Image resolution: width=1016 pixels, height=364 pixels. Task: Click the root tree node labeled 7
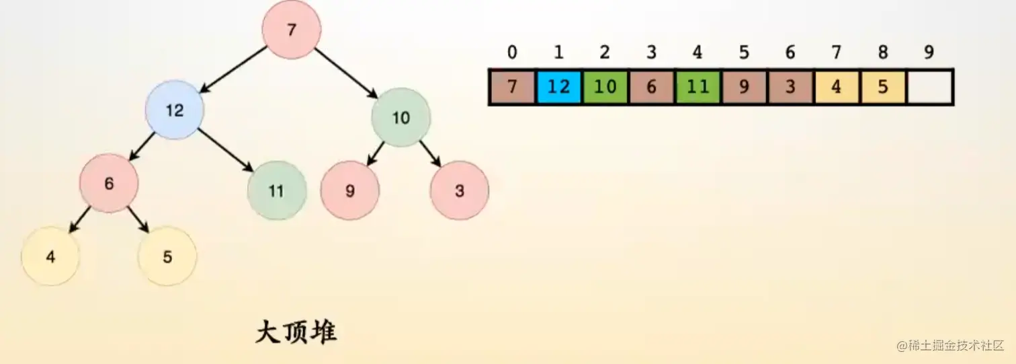(x=291, y=30)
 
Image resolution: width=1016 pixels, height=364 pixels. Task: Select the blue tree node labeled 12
(x=175, y=110)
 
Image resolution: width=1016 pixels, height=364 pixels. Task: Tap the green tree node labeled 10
(x=400, y=118)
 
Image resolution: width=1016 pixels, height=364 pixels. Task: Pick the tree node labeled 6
(x=109, y=183)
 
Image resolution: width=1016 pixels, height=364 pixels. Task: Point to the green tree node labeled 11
(x=277, y=190)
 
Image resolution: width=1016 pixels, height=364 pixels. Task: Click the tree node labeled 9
(x=349, y=190)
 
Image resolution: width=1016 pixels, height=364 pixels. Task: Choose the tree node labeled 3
(x=459, y=190)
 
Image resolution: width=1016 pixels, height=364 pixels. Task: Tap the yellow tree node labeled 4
(x=50, y=256)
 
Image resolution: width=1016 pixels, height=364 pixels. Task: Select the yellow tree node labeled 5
(x=167, y=256)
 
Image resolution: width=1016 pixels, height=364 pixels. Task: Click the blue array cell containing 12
(x=559, y=87)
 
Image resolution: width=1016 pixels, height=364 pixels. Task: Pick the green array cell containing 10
(x=605, y=87)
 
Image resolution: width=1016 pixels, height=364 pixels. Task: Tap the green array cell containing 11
(x=698, y=87)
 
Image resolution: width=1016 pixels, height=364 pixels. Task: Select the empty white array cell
(x=929, y=87)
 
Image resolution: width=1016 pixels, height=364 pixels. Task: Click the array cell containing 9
(x=744, y=87)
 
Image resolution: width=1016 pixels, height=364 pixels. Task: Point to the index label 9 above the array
(x=929, y=52)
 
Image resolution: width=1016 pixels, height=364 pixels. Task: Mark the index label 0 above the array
(x=512, y=52)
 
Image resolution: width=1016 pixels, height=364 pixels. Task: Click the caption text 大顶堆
(x=296, y=333)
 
